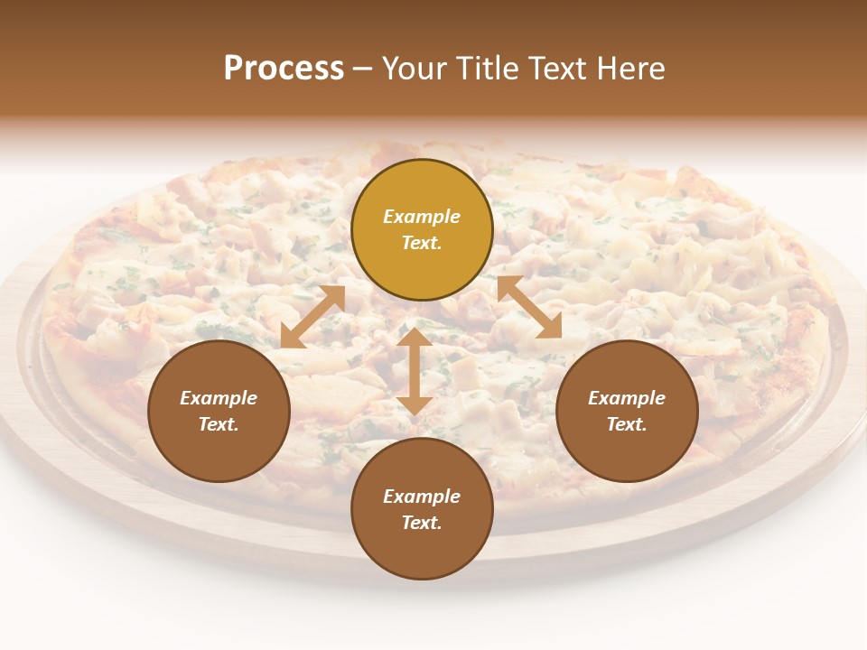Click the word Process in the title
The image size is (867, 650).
click(x=284, y=69)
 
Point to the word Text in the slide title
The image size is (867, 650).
click(x=557, y=69)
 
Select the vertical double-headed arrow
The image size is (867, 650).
click(x=415, y=371)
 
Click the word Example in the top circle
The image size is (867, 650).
click(x=422, y=217)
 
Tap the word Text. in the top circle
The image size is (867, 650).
click(x=422, y=243)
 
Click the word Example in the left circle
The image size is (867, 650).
click(x=219, y=398)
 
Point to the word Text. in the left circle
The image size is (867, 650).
click(x=219, y=424)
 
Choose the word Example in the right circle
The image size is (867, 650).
click(x=627, y=398)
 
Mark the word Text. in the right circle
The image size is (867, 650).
click(x=627, y=424)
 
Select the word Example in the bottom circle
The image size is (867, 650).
click(x=422, y=497)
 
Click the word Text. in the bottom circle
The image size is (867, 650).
click(x=422, y=523)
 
